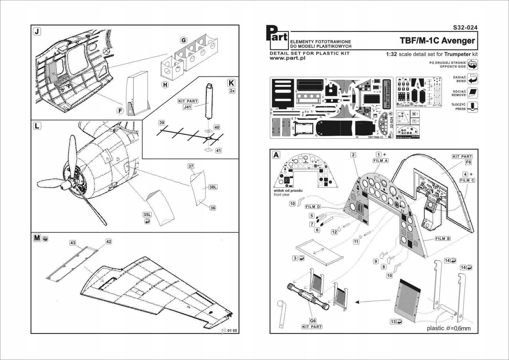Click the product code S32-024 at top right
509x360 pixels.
pos(465,28)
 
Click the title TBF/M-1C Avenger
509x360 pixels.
pos(437,41)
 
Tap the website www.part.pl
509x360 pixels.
pos(287,58)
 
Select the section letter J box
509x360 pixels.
pos(37,31)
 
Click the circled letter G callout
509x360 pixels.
pos(184,40)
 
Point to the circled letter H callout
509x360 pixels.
pos(165,85)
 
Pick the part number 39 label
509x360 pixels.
pos(162,123)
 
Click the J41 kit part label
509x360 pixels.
pos(187,107)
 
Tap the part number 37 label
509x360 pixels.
pos(191,166)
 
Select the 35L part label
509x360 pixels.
pos(147,215)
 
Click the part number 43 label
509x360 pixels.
pos(73,243)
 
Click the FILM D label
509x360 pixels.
pos(313,207)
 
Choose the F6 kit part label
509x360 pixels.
pos(468,162)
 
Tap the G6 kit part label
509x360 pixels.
pos(313,321)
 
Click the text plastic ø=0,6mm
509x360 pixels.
pos(448,328)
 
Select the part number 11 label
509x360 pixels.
pos(356,242)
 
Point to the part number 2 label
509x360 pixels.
pos(353,155)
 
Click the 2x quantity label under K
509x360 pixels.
pos(232,91)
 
